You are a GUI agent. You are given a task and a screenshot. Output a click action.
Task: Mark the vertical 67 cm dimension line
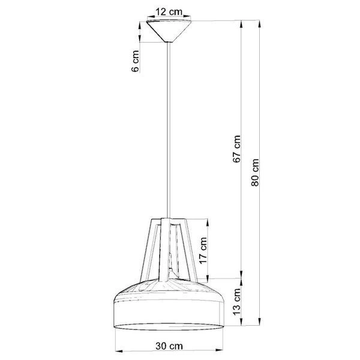click(x=242, y=210)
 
